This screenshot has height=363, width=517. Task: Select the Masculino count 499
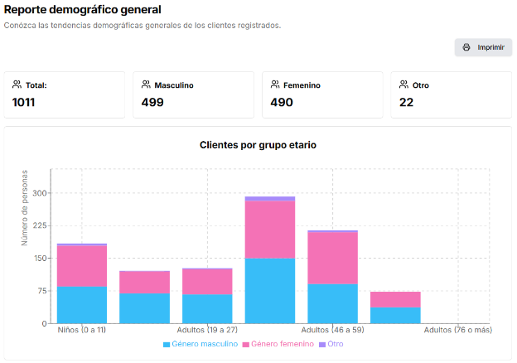(x=152, y=103)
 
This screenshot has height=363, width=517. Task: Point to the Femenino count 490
(x=283, y=103)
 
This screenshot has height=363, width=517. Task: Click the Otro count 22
(x=407, y=103)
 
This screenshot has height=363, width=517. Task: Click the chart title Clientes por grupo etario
(x=258, y=145)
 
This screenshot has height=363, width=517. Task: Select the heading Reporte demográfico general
(x=82, y=10)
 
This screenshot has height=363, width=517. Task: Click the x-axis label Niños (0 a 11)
(x=83, y=330)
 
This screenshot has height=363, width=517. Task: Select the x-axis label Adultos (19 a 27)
(x=207, y=330)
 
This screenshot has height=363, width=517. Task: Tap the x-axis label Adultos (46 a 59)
(x=332, y=330)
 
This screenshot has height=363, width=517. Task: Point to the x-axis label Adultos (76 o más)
(x=458, y=330)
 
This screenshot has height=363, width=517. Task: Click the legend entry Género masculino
(x=200, y=344)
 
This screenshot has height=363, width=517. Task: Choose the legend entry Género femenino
(x=278, y=344)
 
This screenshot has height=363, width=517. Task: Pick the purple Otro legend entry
(x=331, y=344)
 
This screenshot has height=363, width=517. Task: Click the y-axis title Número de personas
(x=25, y=207)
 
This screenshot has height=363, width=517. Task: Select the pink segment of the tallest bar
(x=270, y=230)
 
